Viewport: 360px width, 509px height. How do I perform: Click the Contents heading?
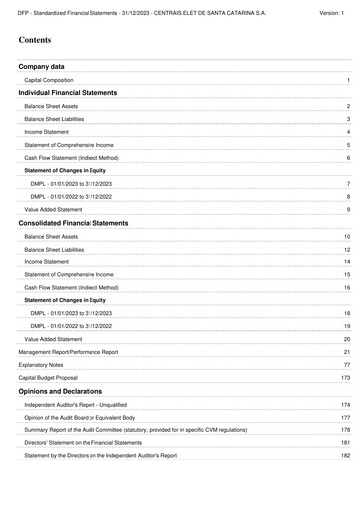tap(38, 41)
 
